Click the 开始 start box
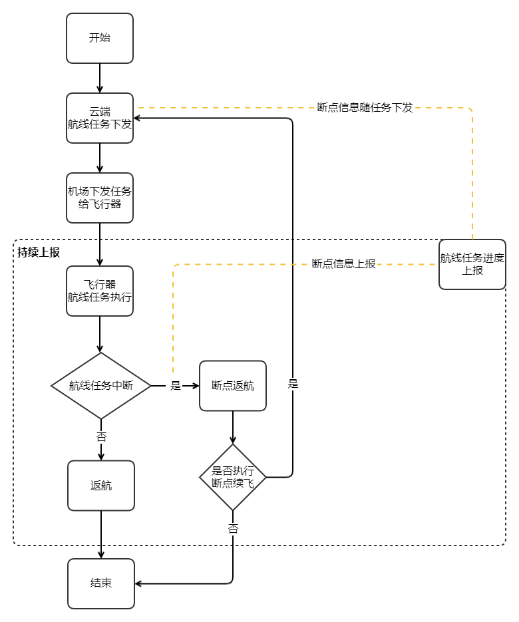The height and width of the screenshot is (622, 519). coord(100,38)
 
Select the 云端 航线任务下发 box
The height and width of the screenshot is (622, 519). coord(100,118)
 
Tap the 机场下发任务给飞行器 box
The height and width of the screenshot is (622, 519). coord(100,198)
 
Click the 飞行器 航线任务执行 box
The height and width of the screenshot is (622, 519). coord(100,291)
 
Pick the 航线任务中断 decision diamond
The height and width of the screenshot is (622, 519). coord(101,386)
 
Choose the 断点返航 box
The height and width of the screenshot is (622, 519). coord(233,386)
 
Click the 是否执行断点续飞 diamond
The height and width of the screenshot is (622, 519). coord(233,477)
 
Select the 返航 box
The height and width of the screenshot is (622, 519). coord(101,486)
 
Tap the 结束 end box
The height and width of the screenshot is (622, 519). coord(101,583)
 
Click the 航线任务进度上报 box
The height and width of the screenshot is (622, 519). coord(472,264)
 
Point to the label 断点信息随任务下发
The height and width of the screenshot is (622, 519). coord(365,108)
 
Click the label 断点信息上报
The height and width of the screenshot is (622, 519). coord(343,263)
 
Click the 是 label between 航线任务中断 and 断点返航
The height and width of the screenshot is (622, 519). coord(176,386)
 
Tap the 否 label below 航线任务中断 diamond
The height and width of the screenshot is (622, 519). coord(101,437)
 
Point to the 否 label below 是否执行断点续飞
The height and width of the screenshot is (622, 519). coord(233,529)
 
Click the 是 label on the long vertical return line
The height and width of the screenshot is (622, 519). coord(293,384)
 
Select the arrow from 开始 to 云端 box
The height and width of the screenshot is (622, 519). coord(100,78)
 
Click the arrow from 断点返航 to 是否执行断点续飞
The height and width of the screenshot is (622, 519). coord(233,427)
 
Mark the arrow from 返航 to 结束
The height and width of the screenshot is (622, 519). coord(101,534)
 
